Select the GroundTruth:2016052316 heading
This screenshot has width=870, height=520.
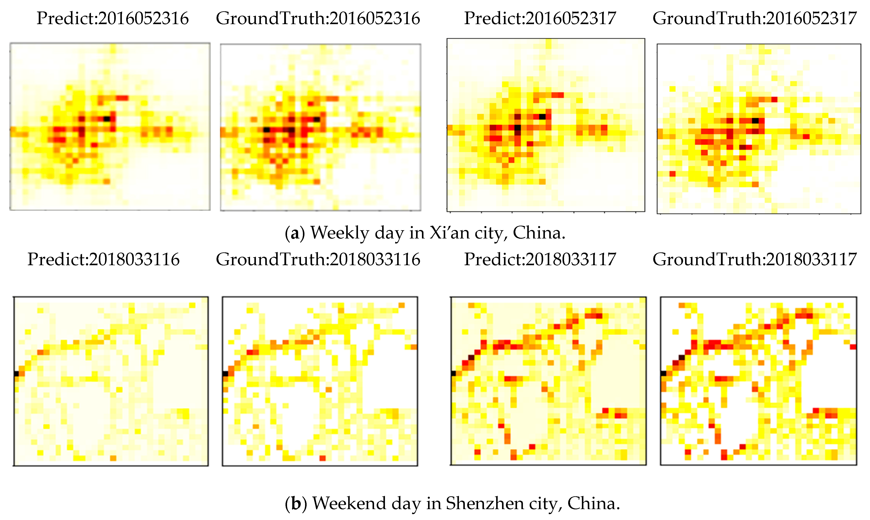pyautogui.click(x=318, y=18)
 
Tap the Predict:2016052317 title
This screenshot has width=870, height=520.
pyautogui.click(x=540, y=18)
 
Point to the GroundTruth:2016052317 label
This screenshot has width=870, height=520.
pyautogui.click(x=755, y=18)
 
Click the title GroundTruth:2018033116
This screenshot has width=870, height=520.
pyautogui.click(x=318, y=259)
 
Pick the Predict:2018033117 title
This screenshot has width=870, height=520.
pyautogui.click(x=540, y=259)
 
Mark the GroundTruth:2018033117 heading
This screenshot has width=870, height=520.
pyautogui.click(x=755, y=259)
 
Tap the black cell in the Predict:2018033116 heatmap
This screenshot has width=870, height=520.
pyautogui.click(x=16, y=373)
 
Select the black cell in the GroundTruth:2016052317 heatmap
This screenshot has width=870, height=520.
pyautogui.click(x=755, y=120)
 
